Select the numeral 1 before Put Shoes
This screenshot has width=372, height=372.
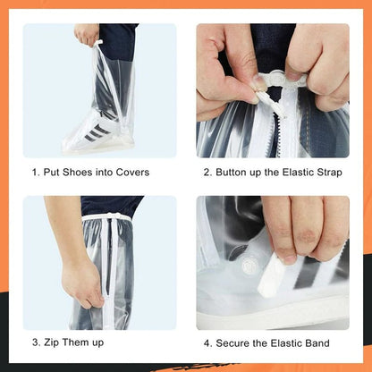click(x=35, y=173)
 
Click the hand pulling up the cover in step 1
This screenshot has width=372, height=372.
click(x=87, y=35)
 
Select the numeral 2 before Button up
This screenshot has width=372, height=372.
click(x=207, y=173)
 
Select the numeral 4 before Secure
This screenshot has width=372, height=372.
click(x=207, y=342)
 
